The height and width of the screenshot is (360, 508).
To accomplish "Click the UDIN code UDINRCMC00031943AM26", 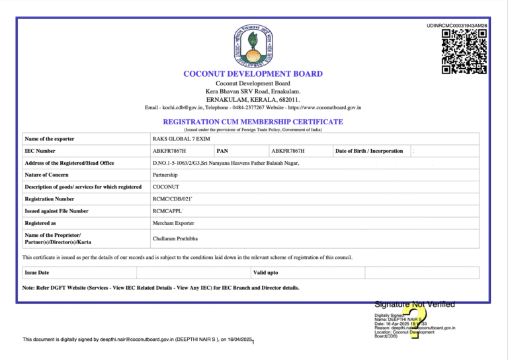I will pyautogui.click(x=457, y=25).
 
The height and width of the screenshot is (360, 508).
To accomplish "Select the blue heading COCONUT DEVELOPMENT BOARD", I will pyautogui.click(x=253, y=73).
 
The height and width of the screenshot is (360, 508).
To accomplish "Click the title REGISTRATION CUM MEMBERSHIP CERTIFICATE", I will pyautogui.click(x=253, y=122).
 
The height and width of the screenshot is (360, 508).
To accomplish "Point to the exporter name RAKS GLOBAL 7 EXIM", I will pyautogui.click(x=177, y=139).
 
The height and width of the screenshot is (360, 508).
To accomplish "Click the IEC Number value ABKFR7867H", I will pyautogui.click(x=169, y=151).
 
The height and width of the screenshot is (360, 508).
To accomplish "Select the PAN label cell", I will pyautogui.click(x=222, y=151).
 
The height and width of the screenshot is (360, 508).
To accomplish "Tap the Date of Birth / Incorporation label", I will pyautogui.click(x=369, y=151).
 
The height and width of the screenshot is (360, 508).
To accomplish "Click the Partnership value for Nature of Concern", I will pyautogui.click(x=165, y=175).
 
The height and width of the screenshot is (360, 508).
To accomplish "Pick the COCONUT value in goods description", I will pyautogui.click(x=165, y=187).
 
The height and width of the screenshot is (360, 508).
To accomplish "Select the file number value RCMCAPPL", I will pyautogui.click(x=167, y=211).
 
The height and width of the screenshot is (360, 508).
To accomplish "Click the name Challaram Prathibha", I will pyautogui.click(x=175, y=238).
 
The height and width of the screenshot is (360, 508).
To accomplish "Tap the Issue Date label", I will pyautogui.click(x=37, y=273).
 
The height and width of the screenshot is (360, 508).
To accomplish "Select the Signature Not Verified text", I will pyautogui.click(x=415, y=304).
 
